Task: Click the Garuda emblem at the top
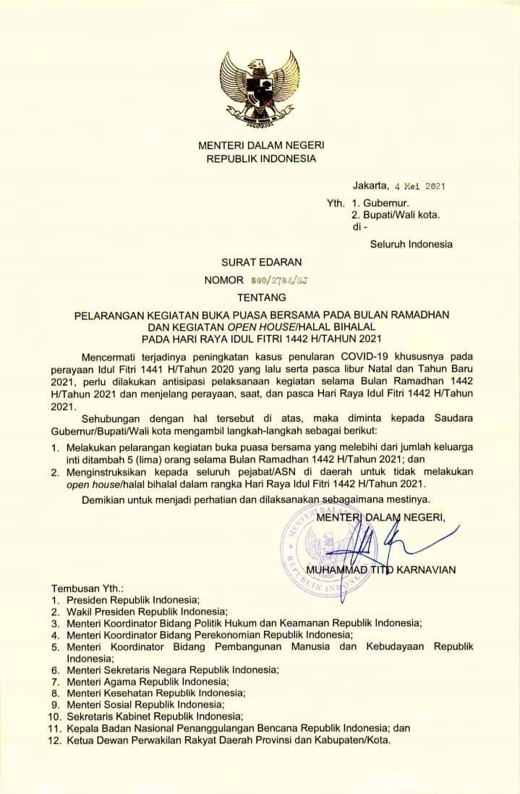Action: [x=260, y=85]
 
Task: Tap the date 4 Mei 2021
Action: [x=419, y=186]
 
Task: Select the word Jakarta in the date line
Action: [x=370, y=186]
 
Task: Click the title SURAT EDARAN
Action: [x=261, y=261]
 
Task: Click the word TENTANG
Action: [x=261, y=297]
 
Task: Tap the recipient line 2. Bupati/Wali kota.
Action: [x=396, y=215]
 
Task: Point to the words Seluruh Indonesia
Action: [x=411, y=244]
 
